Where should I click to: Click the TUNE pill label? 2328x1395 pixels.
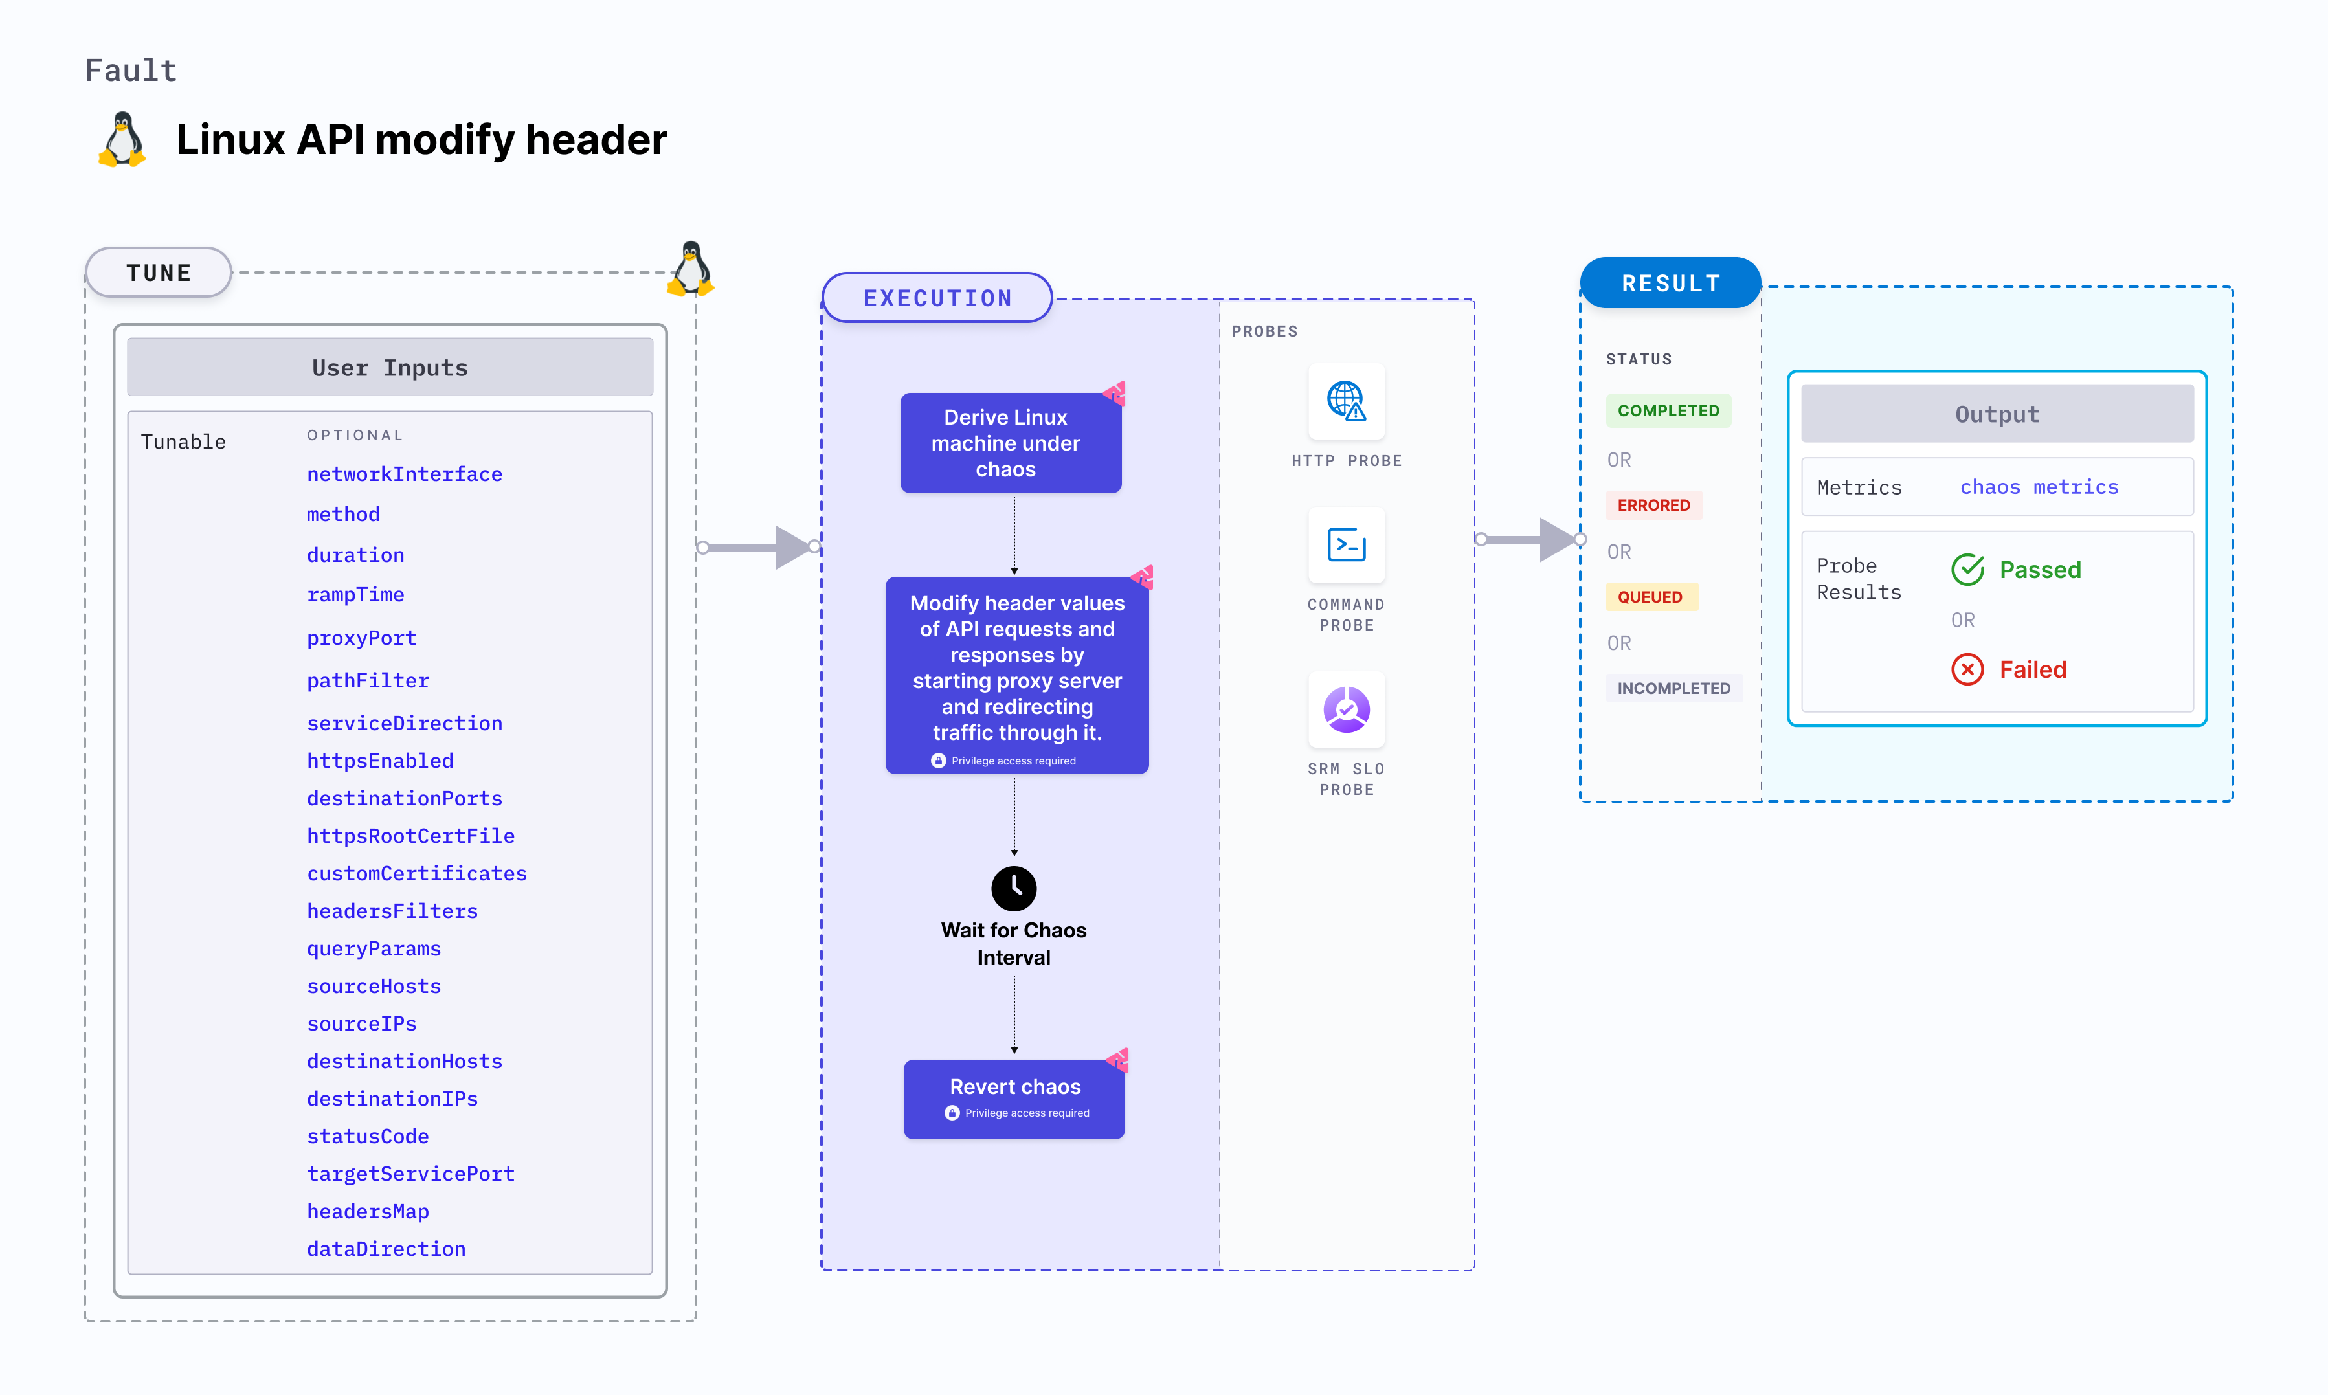pos(158,273)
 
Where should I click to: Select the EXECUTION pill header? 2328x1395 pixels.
pos(937,298)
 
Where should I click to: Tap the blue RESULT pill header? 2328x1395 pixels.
pos(1670,283)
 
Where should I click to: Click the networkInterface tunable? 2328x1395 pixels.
pos(404,474)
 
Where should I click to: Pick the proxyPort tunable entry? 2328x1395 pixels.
pos(361,638)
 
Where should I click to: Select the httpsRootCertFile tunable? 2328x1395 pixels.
pos(410,836)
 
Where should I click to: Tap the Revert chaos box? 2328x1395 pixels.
pos(1013,1098)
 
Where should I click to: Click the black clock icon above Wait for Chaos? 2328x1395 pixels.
pos(1013,887)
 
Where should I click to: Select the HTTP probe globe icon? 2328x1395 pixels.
pos(1346,401)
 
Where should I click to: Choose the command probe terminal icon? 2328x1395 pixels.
pos(1346,544)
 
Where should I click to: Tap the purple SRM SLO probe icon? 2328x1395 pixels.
pos(1346,709)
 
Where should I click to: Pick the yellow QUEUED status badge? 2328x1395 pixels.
pos(1650,597)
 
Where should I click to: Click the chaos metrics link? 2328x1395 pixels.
pos(2039,487)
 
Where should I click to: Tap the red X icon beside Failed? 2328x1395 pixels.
pos(1967,669)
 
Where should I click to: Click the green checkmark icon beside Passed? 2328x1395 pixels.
pos(1967,570)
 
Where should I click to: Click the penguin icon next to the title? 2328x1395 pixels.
pos(122,140)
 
